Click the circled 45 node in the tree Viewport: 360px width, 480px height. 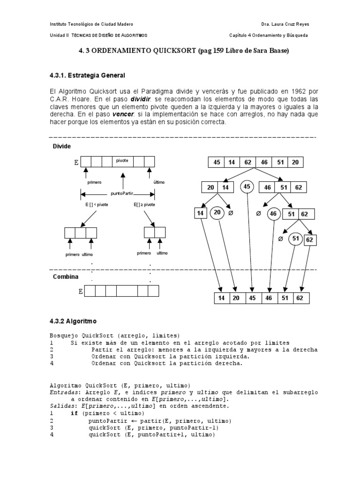point(247,187)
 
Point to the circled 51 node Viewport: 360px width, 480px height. point(295,238)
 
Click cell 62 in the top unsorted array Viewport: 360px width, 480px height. point(248,162)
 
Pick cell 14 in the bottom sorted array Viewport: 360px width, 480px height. point(222,298)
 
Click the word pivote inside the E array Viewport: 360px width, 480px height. point(122,160)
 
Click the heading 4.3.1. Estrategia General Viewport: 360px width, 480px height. point(87,75)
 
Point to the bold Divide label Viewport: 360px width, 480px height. point(62,146)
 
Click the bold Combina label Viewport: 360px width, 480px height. point(65,277)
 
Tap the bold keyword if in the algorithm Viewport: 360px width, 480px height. point(74,413)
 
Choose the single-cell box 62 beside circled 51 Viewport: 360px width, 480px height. point(309,240)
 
